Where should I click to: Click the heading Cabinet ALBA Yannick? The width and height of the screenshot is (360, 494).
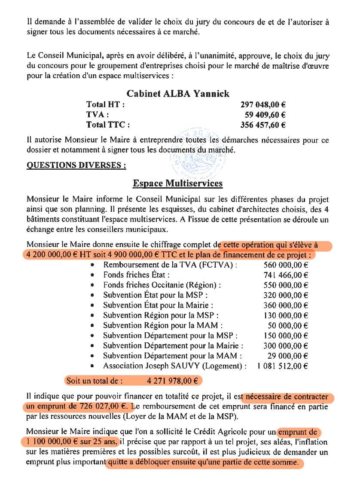click(x=178, y=94)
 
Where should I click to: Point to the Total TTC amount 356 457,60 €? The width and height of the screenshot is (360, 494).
click(x=263, y=125)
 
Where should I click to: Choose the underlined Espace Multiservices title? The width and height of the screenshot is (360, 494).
click(x=177, y=183)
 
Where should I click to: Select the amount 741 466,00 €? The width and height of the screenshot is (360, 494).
click(x=285, y=274)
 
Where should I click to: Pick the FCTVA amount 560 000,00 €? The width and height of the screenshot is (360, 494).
click(x=285, y=265)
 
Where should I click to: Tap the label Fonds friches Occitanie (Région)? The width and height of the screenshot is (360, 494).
click(x=162, y=285)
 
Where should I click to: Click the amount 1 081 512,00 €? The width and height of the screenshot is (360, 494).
click(x=282, y=366)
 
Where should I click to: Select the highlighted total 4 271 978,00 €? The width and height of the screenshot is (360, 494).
click(x=172, y=381)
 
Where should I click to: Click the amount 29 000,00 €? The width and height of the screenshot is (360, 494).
click(x=288, y=356)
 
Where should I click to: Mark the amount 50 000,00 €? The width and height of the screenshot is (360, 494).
click(x=288, y=325)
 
